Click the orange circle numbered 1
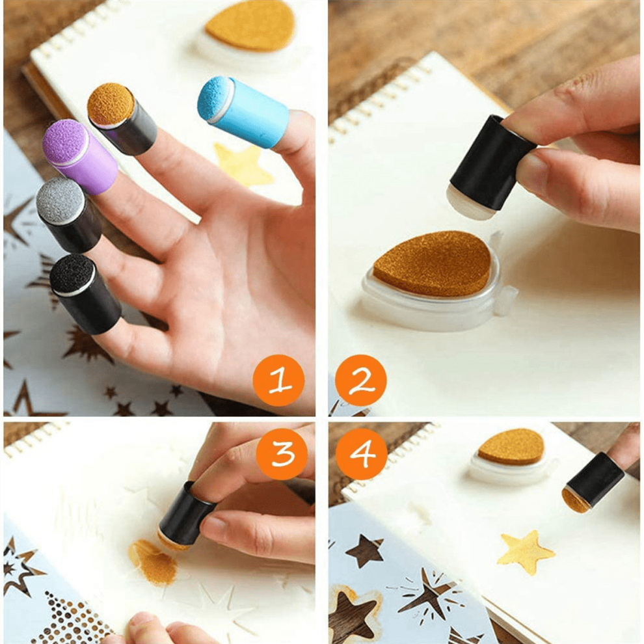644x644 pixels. [278, 381]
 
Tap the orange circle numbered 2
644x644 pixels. [361, 381]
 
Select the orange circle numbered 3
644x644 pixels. [282, 453]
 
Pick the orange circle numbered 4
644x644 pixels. [362, 453]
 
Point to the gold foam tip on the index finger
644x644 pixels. [110, 105]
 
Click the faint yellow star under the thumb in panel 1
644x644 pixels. [242, 165]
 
